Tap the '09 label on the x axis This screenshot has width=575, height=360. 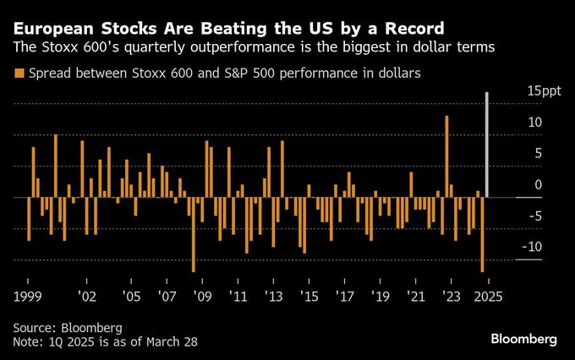pyautogui.click(x=203, y=297)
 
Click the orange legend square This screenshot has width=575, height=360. pyautogui.click(x=19, y=74)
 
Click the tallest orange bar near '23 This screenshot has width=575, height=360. pyautogui.click(x=446, y=156)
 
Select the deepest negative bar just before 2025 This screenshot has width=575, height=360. pyautogui.click(x=483, y=235)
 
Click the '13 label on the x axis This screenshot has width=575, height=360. pyautogui.click(x=274, y=297)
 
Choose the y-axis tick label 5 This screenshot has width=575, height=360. pyautogui.click(x=537, y=153)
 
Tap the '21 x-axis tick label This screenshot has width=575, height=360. pyautogui.click(x=416, y=297)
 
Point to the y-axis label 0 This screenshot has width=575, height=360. pyautogui.click(x=537, y=184)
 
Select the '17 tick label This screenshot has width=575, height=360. pyautogui.click(x=345, y=297)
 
